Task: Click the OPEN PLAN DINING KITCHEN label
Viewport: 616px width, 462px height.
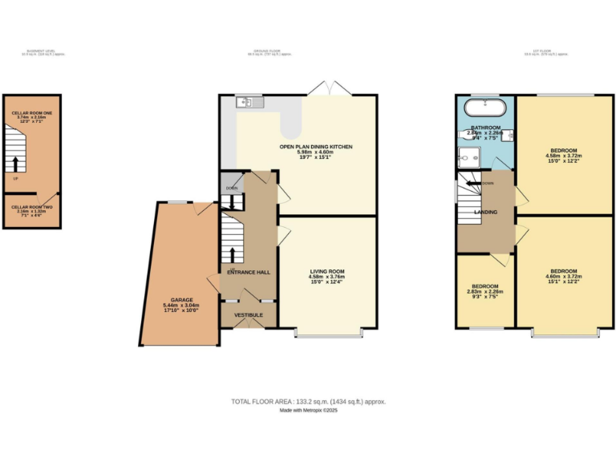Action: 315,147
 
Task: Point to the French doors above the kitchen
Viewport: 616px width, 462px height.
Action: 329,89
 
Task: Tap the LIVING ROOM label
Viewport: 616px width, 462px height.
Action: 326,271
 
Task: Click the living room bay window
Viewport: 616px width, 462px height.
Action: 329,331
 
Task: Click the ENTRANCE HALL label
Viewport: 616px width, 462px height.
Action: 249,272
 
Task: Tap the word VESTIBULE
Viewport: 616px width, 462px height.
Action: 249,314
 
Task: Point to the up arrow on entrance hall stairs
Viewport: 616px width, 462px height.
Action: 233,255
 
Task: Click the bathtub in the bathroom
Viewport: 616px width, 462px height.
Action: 484,107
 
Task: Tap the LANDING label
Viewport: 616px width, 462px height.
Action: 486,212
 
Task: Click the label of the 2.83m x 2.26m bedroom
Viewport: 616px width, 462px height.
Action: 485,286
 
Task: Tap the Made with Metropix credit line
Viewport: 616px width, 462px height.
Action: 308,410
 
